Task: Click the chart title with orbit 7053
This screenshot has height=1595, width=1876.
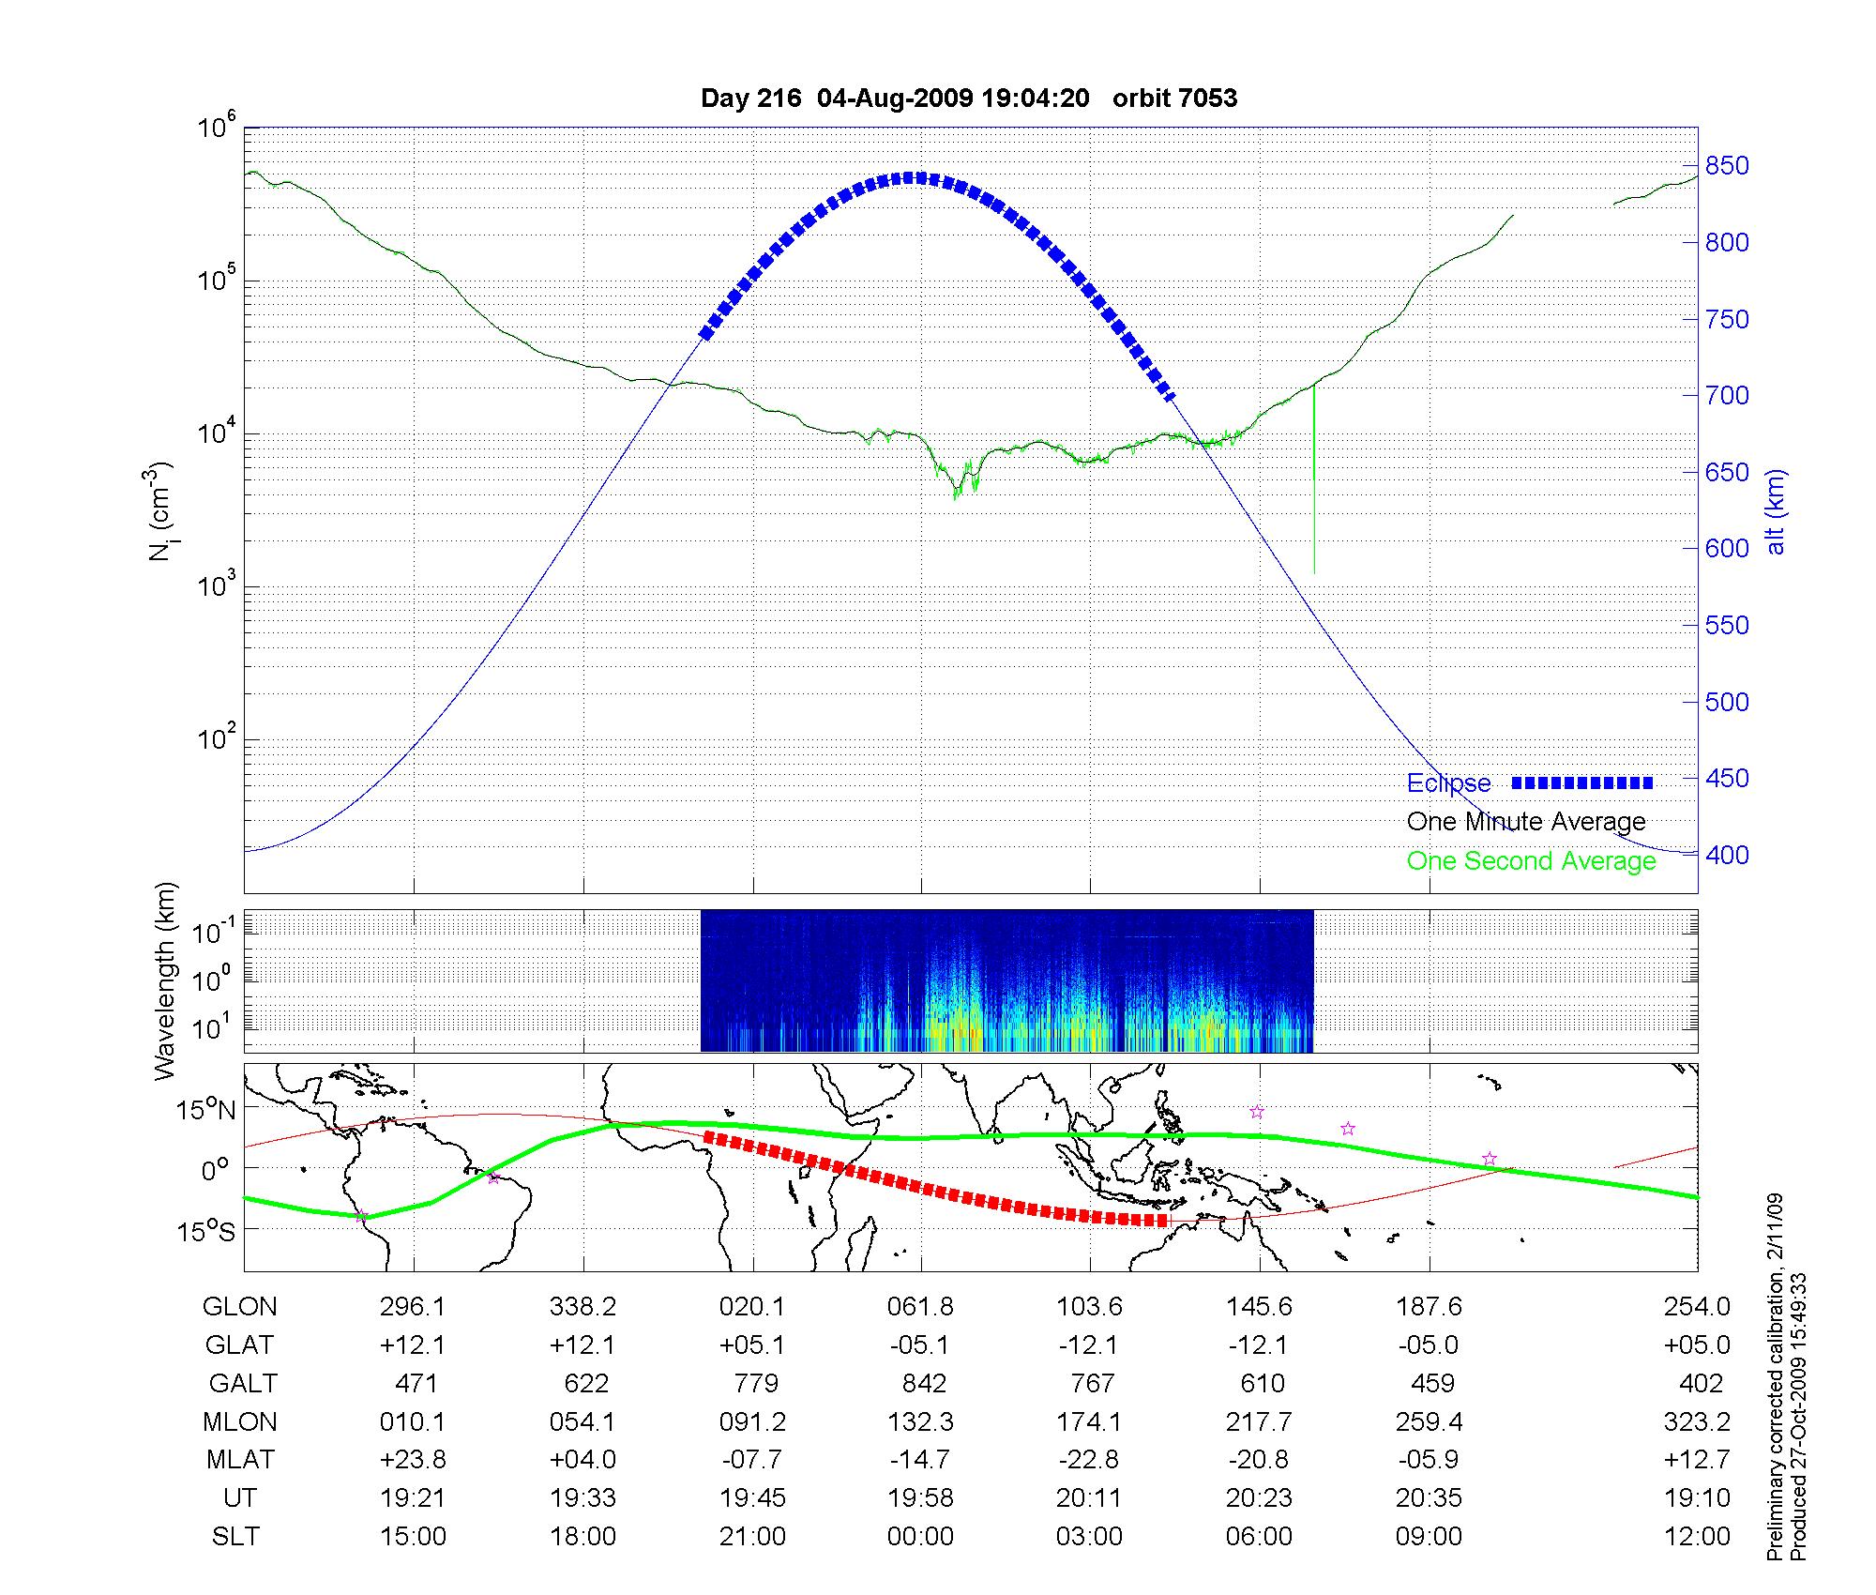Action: point(969,98)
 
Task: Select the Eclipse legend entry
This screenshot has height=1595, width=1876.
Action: point(1448,783)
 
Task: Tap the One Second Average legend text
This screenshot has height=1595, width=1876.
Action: point(1531,861)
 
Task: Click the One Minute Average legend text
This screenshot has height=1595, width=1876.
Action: point(1526,822)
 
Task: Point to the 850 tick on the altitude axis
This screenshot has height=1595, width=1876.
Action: point(1727,166)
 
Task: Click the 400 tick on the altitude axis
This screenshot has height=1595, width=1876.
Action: point(1727,855)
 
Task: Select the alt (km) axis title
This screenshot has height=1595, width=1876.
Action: point(1775,512)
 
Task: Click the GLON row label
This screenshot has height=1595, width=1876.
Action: point(240,1307)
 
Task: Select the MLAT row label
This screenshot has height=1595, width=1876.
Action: point(240,1460)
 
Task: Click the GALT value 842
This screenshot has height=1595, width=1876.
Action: point(922,1384)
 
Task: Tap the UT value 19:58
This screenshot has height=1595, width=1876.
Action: point(921,1498)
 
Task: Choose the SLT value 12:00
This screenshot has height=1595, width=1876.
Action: point(1700,1537)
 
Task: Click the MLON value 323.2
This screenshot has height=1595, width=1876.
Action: point(1697,1422)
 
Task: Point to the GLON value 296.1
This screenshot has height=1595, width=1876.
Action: point(413,1307)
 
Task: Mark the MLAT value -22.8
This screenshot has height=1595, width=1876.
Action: point(1089,1460)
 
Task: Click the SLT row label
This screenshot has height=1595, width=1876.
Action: point(235,1537)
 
